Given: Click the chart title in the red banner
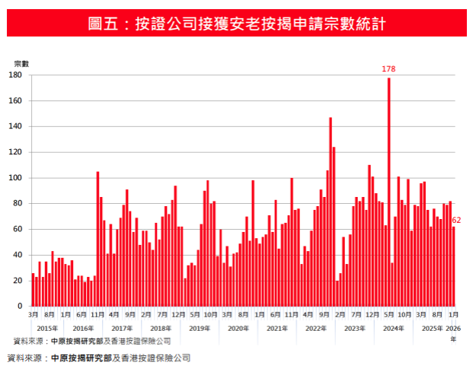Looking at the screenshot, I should click(238, 24).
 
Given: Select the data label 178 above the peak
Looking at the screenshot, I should click(388, 69).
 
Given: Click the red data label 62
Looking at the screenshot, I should click(457, 221).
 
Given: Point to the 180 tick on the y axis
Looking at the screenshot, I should click(15, 75).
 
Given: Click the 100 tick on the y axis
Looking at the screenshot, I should click(15, 178).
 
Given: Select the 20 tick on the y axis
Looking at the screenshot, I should click(18, 281).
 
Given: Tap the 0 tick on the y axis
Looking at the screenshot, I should click(20, 307).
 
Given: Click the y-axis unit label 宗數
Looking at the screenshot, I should click(21, 62).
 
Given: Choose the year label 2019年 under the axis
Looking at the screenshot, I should click(199, 328).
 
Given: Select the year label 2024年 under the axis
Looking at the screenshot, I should click(393, 328).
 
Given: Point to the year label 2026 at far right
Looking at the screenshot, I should click(452, 328).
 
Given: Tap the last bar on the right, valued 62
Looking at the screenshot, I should click(453, 266).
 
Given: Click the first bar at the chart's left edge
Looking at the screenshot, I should click(33, 290).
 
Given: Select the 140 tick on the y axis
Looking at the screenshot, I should click(15, 126).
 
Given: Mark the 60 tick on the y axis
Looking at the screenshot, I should click(18, 229).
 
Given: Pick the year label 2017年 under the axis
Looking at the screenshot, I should click(122, 328).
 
